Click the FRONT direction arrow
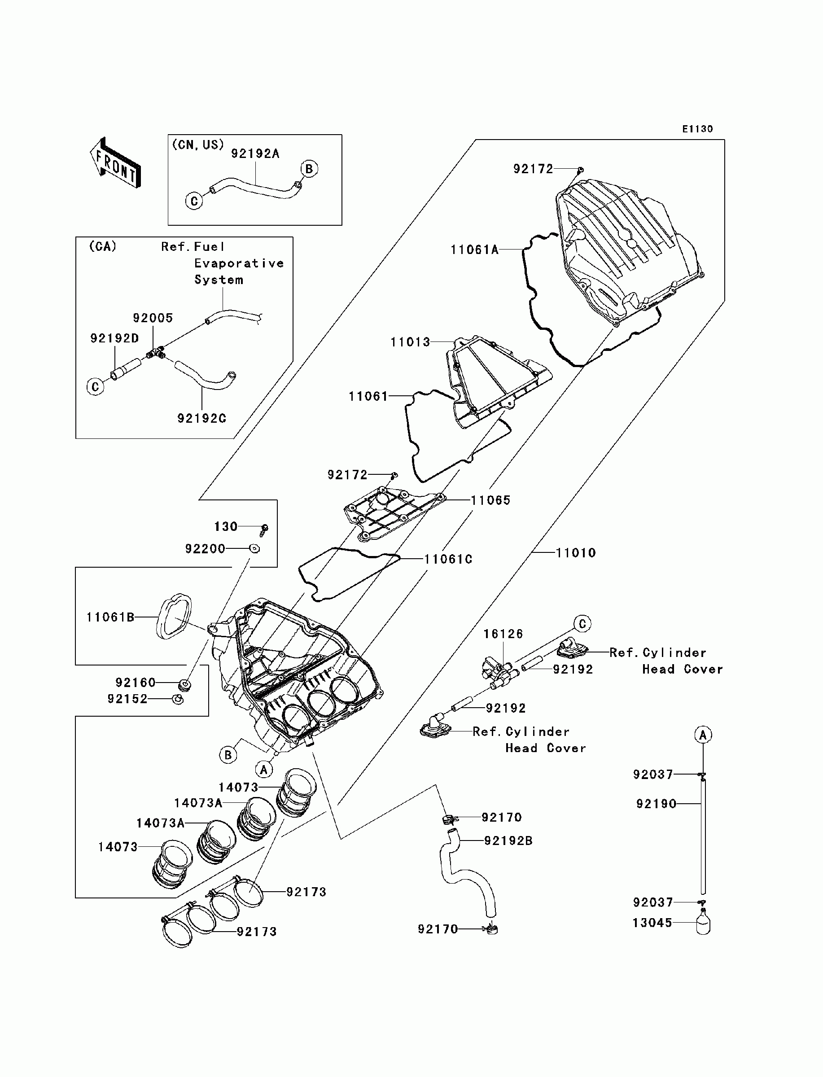116,163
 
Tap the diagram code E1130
698,129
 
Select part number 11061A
474,250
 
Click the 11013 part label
410,342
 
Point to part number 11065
491,500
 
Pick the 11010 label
576,552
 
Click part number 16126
503,634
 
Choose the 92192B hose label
508,841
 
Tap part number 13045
652,923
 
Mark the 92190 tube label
656,804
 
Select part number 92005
153,318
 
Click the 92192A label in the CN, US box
255,154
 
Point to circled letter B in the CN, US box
309,168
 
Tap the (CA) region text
102,246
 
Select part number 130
225,526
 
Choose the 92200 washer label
205,548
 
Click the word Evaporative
239,263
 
